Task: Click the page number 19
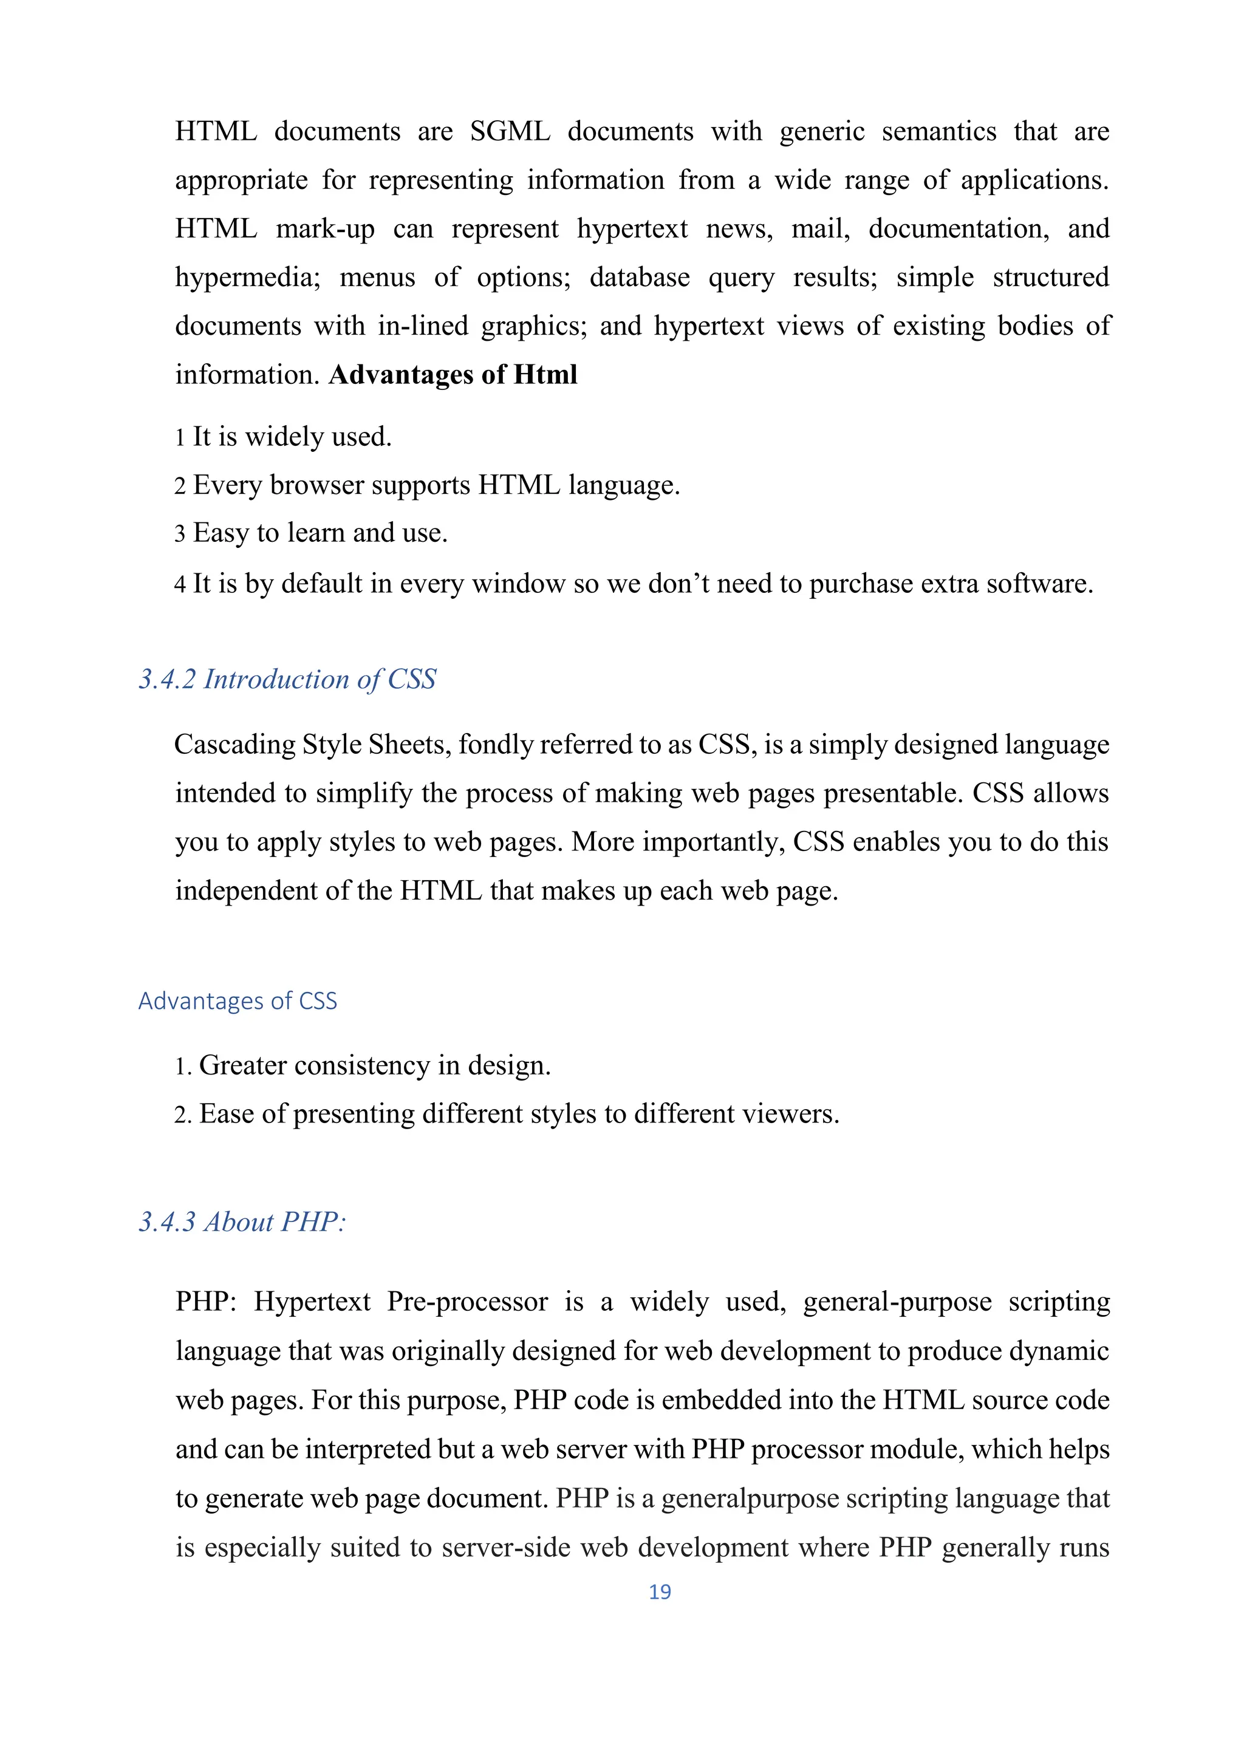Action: click(x=660, y=1592)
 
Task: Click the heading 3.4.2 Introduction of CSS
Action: click(x=287, y=680)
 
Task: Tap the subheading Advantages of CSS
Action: click(x=238, y=1002)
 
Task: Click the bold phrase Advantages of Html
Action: click(x=453, y=375)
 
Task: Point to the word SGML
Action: click(x=510, y=132)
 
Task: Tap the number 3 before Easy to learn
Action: click(x=180, y=534)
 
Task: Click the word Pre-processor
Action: click(x=467, y=1302)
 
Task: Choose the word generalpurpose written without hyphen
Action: click(x=750, y=1498)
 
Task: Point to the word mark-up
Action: click(x=326, y=229)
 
